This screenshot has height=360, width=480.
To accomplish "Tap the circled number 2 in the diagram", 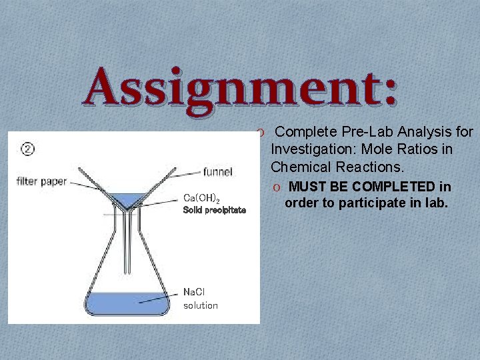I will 27,149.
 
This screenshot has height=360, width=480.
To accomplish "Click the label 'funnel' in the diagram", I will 217,172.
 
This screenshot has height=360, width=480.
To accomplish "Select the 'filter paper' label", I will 41,181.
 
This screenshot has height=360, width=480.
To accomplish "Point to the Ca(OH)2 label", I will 201,197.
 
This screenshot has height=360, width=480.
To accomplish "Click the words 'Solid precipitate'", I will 214,210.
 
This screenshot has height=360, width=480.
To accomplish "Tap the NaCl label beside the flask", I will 196,292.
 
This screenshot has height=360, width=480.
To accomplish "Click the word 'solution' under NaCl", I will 201,305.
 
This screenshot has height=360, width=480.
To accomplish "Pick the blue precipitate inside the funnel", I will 131,199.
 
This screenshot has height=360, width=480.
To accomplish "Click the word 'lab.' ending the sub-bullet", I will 436,203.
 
